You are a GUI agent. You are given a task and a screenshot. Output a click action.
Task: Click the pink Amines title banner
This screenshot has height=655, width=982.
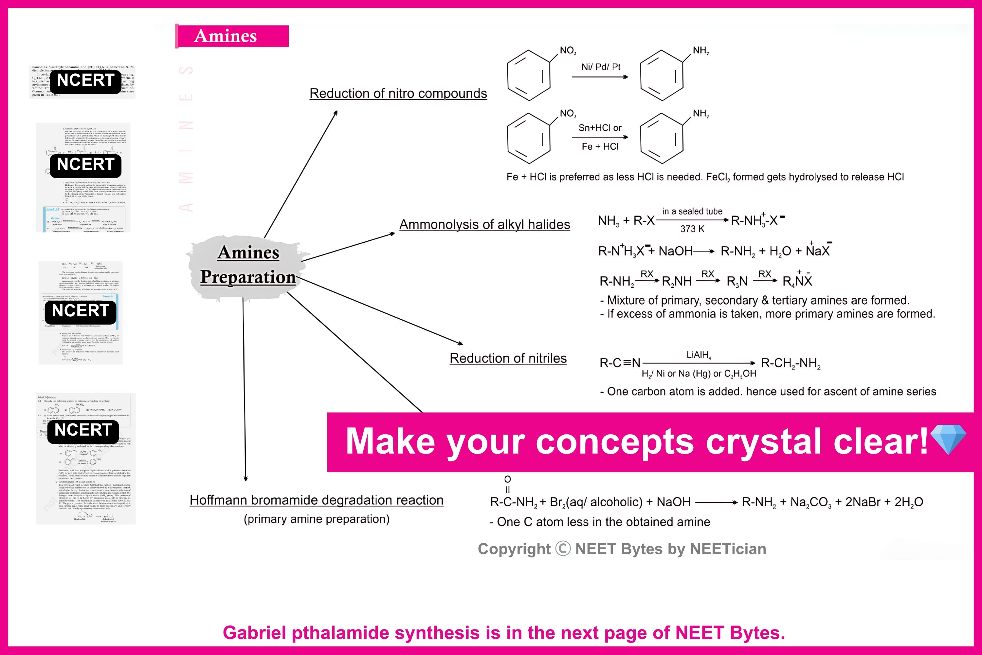[x=232, y=36]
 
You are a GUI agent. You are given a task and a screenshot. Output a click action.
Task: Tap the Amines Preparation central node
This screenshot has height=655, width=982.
[x=248, y=265]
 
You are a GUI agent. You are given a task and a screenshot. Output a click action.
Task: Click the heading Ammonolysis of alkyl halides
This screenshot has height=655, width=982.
[x=484, y=224]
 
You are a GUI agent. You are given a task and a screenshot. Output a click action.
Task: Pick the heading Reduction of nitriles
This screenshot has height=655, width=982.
[x=508, y=358]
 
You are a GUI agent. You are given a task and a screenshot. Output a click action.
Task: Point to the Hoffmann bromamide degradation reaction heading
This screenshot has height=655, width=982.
[x=317, y=500]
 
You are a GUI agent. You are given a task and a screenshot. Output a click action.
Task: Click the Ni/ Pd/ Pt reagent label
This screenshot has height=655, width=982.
[x=600, y=67]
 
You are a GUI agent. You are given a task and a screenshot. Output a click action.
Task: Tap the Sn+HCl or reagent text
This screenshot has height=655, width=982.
[x=600, y=128]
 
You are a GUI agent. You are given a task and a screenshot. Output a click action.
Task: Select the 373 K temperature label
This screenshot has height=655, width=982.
[x=692, y=229]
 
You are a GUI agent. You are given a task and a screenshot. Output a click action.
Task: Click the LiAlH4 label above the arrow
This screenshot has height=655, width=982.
[x=699, y=355]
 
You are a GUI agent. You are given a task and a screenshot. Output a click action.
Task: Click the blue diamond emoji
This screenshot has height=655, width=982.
[x=948, y=439]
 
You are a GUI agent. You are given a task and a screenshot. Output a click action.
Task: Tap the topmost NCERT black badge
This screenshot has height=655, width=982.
[x=85, y=80]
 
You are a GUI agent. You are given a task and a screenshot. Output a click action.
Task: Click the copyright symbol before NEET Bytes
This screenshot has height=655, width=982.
[x=562, y=549]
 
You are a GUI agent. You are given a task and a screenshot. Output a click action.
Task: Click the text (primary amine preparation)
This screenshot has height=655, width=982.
[x=317, y=519]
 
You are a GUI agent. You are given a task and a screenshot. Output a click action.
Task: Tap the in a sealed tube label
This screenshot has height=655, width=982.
[x=692, y=211]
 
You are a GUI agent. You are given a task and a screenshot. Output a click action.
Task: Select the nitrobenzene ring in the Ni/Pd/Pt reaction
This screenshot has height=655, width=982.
[x=528, y=75]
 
